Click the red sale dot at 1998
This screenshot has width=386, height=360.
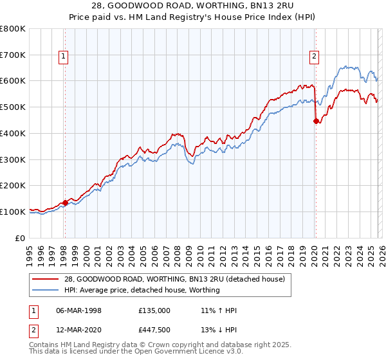tap(65, 203)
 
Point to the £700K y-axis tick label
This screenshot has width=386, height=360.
tap(13, 55)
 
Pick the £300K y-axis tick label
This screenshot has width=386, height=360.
tap(13, 159)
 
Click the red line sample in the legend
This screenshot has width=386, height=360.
tap(45, 279)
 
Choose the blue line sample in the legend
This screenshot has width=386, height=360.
tap(45, 290)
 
